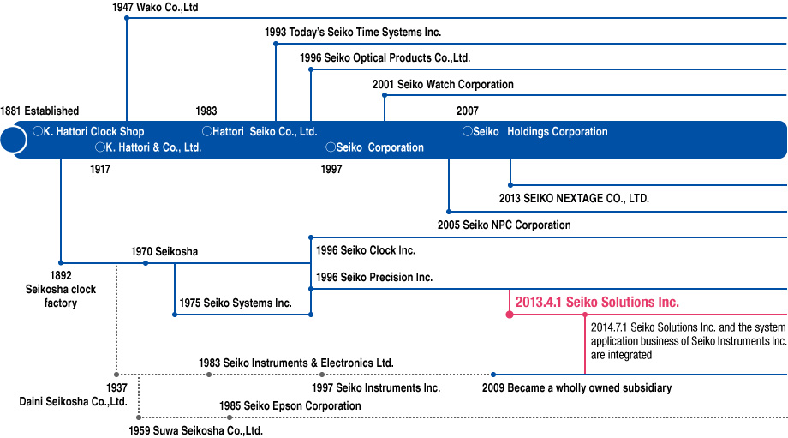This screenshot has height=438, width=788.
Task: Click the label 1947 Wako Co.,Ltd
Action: (x=155, y=8)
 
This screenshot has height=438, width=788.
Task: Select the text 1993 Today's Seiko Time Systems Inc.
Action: (x=353, y=33)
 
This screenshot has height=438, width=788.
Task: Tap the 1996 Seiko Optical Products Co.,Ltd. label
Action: (x=385, y=58)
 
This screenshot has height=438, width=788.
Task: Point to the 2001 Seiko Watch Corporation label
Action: (x=443, y=85)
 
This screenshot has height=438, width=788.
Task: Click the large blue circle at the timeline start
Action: (x=13, y=139)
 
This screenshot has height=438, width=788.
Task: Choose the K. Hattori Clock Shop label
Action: (x=88, y=132)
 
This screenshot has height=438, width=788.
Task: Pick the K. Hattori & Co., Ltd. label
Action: (x=148, y=147)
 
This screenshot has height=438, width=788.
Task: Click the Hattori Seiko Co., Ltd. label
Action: (x=260, y=132)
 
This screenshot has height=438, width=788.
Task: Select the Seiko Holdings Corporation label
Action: (x=535, y=132)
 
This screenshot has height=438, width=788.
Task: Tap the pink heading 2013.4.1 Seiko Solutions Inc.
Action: (x=597, y=303)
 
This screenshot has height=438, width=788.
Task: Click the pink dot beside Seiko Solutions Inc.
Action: (x=510, y=315)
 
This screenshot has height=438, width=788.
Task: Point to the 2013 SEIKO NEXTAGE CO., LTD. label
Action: (x=574, y=198)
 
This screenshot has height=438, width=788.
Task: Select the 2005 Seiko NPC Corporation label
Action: (x=504, y=225)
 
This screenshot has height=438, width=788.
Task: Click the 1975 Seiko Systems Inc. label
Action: (x=236, y=303)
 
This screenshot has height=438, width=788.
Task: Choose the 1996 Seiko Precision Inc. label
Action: (x=374, y=278)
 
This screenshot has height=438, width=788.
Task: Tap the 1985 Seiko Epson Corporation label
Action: (x=290, y=405)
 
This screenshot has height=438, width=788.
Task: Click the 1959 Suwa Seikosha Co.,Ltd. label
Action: (x=195, y=430)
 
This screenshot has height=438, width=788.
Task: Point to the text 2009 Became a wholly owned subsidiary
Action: (x=576, y=388)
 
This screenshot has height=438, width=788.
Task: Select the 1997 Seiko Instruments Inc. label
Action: (x=381, y=388)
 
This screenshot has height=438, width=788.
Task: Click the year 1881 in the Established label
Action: (x=10, y=111)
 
